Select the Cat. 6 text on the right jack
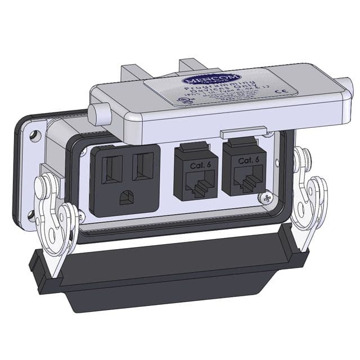(x=248, y=161)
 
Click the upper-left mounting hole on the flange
(x=35, y=136)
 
